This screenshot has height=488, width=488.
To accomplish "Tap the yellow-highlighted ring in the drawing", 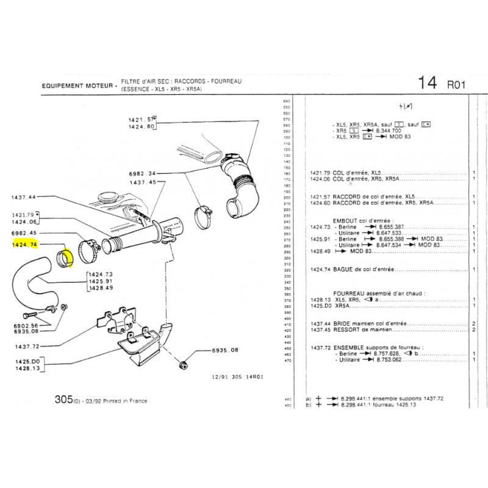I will (65, 257).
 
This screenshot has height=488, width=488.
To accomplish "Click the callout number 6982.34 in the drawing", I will (143, 173).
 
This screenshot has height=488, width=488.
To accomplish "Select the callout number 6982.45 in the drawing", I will (24, 233).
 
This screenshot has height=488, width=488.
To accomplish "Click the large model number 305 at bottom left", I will (63, 400).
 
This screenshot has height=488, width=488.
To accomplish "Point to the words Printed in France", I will (126, 401).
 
